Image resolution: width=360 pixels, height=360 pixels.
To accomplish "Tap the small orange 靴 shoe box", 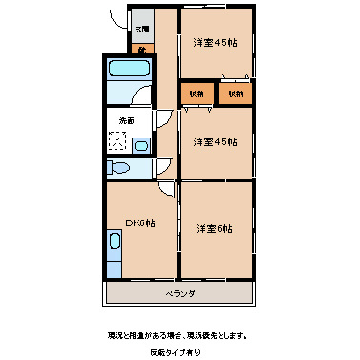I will [141, 49].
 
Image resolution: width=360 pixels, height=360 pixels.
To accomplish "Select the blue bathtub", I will [126, 71].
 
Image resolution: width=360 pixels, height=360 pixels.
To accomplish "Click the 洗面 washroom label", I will [126, 120].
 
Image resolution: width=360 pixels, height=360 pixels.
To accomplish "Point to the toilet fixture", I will [119, 167].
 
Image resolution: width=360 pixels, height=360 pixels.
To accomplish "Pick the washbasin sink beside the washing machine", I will [140, 146].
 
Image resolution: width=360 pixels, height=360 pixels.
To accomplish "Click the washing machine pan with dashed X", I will [119, 142].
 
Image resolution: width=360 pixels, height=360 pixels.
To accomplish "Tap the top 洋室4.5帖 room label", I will [215, 43].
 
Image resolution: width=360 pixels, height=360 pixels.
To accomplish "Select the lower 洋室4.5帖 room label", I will [215, 142].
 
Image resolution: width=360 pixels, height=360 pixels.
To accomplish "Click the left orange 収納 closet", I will [196, 94].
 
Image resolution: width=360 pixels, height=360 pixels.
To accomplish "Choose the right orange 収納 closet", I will [235, 94].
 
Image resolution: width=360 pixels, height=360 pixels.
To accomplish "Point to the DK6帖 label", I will [140, 222].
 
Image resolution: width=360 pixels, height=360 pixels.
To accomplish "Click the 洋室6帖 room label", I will [215, 228].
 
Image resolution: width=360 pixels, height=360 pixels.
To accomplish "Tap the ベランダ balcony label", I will [180, 293].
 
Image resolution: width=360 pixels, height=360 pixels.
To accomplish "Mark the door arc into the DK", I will [166, 190].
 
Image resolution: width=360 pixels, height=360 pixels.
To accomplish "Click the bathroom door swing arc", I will [143, 95].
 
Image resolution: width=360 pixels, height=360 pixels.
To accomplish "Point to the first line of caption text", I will [180, 335].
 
